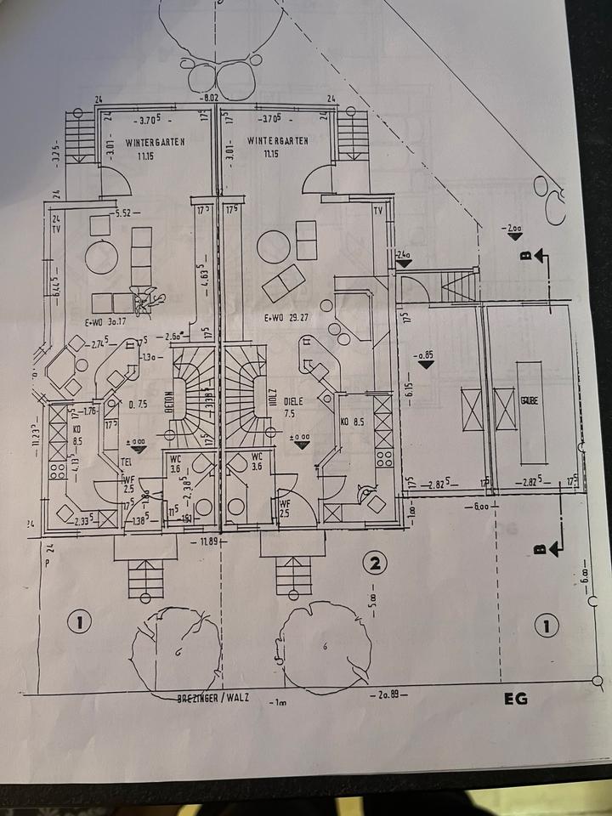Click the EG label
click(x=516, y=699)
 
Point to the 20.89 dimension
click(x=389, y=695)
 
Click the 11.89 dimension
click(x=208, y=541)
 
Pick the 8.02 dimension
click(x=208, y=99)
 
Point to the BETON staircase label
click(x=169, y=400)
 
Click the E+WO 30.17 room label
click(x=105, y=321)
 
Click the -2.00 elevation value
click(x=512, y=229)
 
